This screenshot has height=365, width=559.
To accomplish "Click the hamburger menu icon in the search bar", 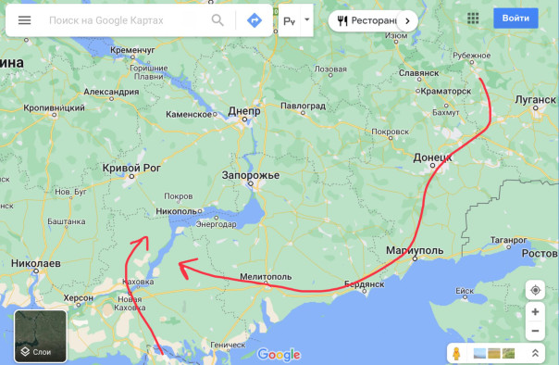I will tap(25, 19).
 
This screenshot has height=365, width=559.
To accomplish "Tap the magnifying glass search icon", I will tap(217, 19).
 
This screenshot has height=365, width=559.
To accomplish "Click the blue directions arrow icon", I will tap(253, 19).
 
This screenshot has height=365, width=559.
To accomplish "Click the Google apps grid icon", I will tap(474, 19).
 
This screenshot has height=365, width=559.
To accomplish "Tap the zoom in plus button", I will tap(535, 312).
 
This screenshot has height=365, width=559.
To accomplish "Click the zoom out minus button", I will tap(535, 331).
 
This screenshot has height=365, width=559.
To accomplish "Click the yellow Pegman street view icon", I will tap(456, 353).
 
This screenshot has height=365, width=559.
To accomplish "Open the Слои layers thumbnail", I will tap(41, 335).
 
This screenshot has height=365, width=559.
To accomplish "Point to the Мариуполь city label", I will tap(416, 251).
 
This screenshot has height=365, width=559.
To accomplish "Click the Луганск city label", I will tap(535, 99).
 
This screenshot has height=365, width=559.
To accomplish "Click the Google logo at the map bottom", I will tap(279, 354).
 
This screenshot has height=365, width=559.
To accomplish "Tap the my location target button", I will tap(535, 290).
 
